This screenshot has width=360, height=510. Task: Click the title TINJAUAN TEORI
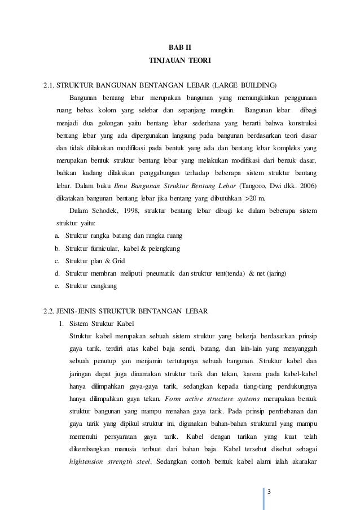coord(181,60)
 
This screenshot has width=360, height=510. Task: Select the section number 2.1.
coord(50,86)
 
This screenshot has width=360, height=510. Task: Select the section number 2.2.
coord(50,311)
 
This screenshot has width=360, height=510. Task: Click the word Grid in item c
coord(118,261)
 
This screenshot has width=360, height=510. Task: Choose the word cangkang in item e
coord(102,287)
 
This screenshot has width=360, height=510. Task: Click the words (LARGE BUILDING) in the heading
coord(244,86)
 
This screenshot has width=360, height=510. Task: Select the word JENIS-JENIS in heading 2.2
coord(76,311)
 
